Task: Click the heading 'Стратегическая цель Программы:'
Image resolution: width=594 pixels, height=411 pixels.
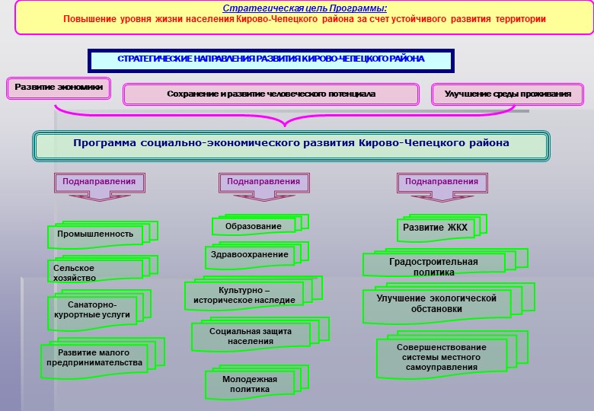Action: [x=305, y=8]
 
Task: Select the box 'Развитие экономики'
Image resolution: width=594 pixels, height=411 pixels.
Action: [x=59, y=88]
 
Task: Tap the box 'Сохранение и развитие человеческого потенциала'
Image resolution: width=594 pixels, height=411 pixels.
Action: [x=271, y=94]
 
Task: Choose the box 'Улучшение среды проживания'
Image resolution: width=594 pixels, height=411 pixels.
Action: [x=508, y=94]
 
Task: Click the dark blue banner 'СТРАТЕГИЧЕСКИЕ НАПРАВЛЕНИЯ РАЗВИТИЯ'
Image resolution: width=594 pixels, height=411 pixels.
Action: [x=271, y=61]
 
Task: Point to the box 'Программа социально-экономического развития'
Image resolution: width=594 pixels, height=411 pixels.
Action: [x=291, y=146]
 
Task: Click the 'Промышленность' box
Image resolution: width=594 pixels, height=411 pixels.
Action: [x=103, y=234]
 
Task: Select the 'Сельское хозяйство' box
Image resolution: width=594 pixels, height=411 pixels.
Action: [x=103, y=269]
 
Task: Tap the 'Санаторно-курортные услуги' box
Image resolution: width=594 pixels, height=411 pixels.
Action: [x=99, y=310]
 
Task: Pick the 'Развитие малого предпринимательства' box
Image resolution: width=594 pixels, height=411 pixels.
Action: [x=103, y=358]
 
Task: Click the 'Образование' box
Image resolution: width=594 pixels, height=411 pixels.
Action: [x=260, y=225]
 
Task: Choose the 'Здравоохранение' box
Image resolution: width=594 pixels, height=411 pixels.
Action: [x=257, y=255]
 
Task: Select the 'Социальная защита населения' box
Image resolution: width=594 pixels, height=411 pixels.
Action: [x=260, y=334]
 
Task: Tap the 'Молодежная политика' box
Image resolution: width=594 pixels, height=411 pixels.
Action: [x=257, y=382]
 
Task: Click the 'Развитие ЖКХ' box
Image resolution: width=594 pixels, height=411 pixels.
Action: [x=442, y=228]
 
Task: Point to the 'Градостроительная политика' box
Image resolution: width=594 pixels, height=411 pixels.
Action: [x=445, y=263]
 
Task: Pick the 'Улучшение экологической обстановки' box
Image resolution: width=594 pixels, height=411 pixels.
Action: [x=449, y=304]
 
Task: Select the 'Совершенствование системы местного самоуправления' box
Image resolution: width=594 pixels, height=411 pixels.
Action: [x=452, y=355]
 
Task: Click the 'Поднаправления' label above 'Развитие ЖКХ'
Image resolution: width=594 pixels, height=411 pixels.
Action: [x=442, y=182]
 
